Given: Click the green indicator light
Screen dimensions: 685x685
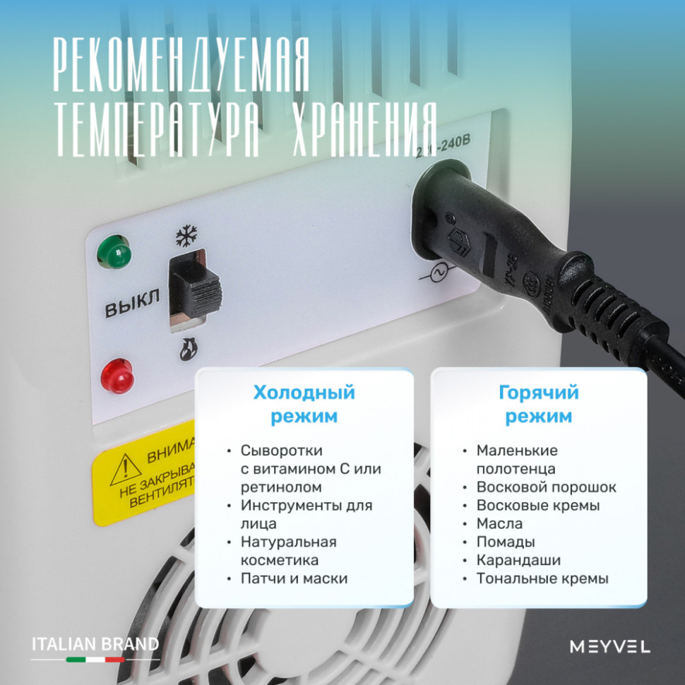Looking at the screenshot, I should click(115, 251).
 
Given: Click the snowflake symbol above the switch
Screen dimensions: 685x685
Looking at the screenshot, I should click(186, 236).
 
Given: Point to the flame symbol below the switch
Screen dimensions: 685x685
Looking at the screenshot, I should click(189, 347).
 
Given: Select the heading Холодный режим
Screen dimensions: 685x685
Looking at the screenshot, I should click(304, 404).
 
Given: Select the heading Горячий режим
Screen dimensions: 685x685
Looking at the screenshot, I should click(538, 404).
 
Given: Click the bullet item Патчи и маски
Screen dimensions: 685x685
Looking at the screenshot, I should click(294, 578).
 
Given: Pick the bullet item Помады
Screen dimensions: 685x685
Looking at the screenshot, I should click(505, 542).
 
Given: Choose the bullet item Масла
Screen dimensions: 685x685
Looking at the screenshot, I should click(499, 523).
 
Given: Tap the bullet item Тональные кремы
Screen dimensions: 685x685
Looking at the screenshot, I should click(542, 578).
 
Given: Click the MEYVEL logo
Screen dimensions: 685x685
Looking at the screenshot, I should click(609, 646).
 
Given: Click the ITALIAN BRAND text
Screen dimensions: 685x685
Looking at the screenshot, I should click(95, 643).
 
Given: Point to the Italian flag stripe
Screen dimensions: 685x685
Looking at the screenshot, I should click(95, 660).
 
